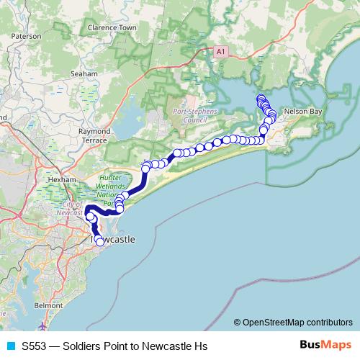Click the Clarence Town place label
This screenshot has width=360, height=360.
click(x=112, y=28)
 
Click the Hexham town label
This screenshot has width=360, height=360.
click(x=63, y=179)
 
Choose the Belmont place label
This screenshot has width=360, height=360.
click(x=48, y=306)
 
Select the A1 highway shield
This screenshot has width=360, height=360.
click(x=220, y=52)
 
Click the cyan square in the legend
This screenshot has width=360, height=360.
click(x=9, y=346)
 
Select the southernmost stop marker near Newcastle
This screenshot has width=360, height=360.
click(x=100, y=243)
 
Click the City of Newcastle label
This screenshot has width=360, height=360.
click(x=71, y=209)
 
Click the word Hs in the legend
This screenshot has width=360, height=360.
click(x=200, y=346)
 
